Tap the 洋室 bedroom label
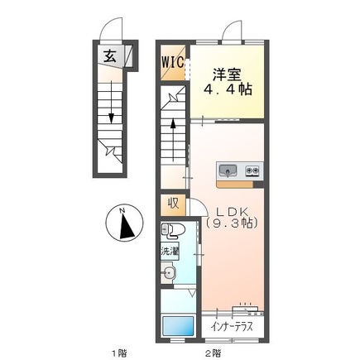223,72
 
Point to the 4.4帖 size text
225,88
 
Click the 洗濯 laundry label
167,250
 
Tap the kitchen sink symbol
228,171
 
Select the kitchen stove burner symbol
252,171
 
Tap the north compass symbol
122,223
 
